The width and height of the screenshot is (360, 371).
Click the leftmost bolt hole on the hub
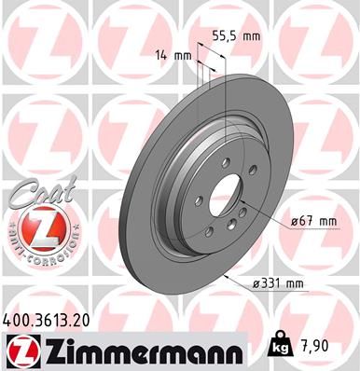[201, 205]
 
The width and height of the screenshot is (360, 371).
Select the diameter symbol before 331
[257, 282]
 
